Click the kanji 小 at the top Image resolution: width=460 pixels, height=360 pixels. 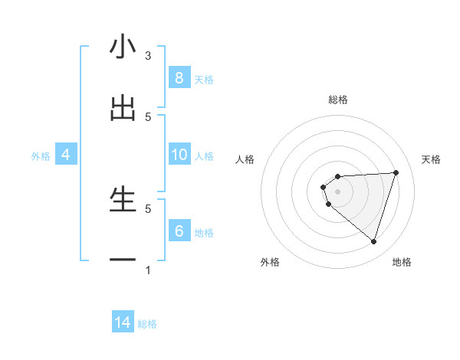click(x=123, y=47)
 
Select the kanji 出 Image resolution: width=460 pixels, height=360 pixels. click(x=123, y=109)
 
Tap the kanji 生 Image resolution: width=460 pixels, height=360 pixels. click(x=123, y=200)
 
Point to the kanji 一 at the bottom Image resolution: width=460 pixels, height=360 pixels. click(x=123, y=260)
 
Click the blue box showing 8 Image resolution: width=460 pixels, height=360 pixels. click(x=179, y=78)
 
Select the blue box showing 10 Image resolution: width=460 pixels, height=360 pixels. click(x=179, y=155)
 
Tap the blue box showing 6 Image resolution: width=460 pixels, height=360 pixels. click(x=179, y=231)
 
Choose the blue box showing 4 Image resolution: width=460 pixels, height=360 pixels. click(x=66, y=155)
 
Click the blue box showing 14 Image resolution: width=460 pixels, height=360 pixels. click(x=123, y=322)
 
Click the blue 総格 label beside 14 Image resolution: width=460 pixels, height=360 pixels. click(x=147, y=323)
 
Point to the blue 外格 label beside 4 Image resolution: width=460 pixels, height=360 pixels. click(x=41, y=155)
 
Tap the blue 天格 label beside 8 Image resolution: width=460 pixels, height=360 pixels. click(x=204, y=79)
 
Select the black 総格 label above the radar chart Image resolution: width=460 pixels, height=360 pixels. click(x=338, y=100)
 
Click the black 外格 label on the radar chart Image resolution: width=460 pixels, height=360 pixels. click(x=270, y=262)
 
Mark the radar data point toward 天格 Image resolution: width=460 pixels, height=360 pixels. click(x=396, y=172)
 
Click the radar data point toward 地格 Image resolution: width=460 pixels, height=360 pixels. click(x=373, y=241)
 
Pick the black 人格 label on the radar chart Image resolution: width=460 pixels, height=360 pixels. click(x=245, y=159)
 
